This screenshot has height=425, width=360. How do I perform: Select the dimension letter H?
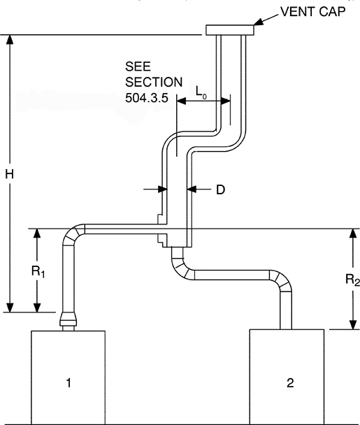(10, 175)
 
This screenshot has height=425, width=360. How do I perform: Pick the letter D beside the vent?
(219, 189)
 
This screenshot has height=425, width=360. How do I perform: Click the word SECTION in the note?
(153, 81)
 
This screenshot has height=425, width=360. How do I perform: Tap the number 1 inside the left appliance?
(68, 382)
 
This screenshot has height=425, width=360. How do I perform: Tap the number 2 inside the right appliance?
(289, 382)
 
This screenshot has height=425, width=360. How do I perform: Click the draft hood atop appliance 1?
(69, 320)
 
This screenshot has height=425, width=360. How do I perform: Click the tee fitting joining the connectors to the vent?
(175, 233)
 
